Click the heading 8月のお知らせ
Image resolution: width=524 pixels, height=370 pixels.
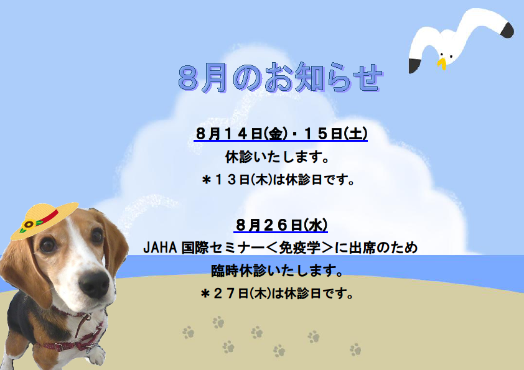281,78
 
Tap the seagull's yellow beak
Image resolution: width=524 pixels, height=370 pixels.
442,63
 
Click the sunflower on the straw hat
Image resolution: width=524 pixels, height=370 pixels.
28,224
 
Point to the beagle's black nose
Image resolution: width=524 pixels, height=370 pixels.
94,284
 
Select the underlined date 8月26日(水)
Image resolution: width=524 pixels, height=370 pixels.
281,224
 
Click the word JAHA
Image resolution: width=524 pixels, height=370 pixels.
160,247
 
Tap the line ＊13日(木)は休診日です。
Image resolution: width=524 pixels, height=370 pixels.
278,180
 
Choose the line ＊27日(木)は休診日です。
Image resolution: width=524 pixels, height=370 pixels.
277,294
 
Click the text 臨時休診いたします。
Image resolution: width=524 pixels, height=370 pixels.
278,271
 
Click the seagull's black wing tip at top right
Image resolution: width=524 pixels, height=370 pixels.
507,29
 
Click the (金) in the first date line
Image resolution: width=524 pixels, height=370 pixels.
276,134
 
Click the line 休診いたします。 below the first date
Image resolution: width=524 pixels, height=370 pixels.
278,157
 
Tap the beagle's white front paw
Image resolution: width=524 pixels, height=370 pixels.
96,355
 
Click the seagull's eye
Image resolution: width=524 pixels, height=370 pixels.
441,55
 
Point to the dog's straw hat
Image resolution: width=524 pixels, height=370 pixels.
44,220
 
